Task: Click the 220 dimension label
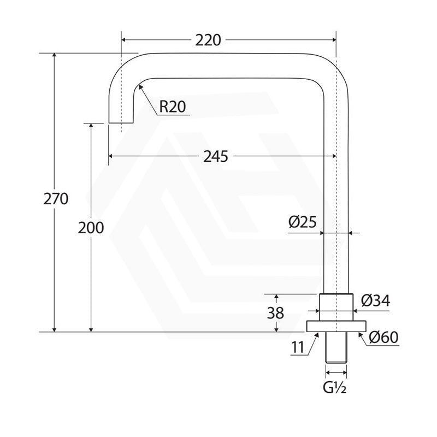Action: (x=208, y=40)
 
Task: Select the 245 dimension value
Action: (x=215, y=156)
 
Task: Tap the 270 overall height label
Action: (x=56, y=199)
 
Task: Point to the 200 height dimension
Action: (x=91, y=228)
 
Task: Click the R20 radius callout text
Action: (x=172, y=107)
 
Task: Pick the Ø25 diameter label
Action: (x=303, y=222)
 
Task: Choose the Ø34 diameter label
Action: (x=375, y=301)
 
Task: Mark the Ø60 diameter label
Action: (x=383, y=338)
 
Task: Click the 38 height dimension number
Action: (x=275, y=313)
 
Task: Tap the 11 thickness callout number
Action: (x=298, y=347)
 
